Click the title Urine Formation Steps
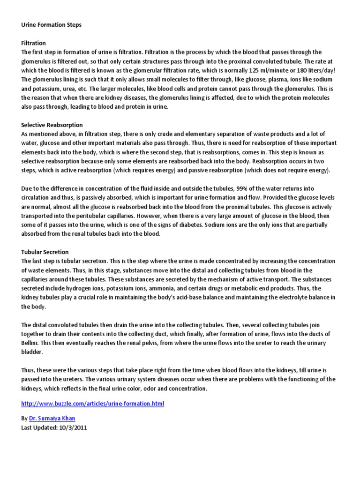(51, 25)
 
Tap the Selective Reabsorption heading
(52, 125)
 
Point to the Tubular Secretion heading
(45, 252)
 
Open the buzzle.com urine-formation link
(93, 404)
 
